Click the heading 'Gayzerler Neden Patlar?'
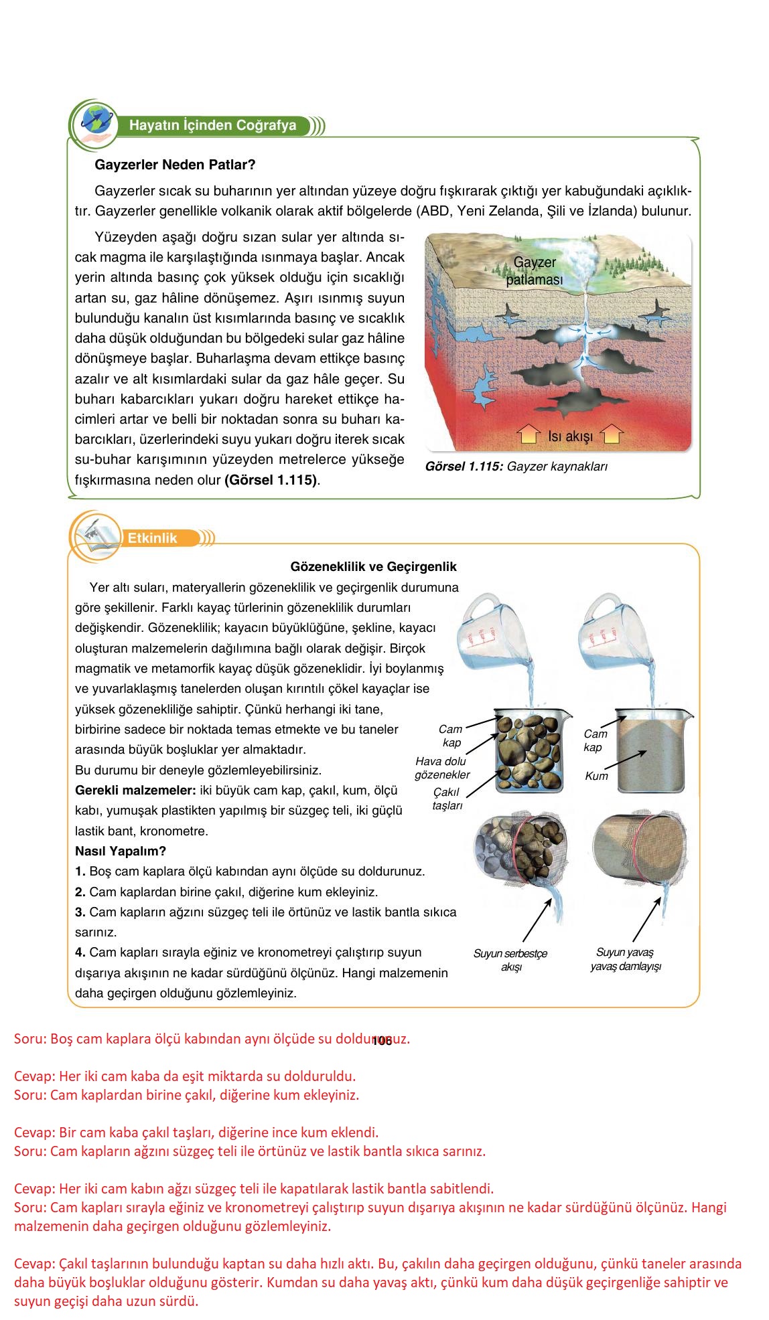[176, 165]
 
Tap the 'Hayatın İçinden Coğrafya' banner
[212, 126]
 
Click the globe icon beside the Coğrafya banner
[94, 121]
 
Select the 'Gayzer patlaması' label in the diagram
[535, 271]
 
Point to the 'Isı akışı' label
[570, 436]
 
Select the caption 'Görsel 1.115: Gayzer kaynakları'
[516, 467]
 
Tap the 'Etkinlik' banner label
[153, 538]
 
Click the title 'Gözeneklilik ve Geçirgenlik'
[373, 567]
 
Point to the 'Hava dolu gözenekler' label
[441, 768]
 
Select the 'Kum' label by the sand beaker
[596, 776]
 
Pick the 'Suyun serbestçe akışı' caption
[510, 960]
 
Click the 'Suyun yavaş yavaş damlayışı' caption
[625, 959]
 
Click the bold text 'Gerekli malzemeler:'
[135, 791]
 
